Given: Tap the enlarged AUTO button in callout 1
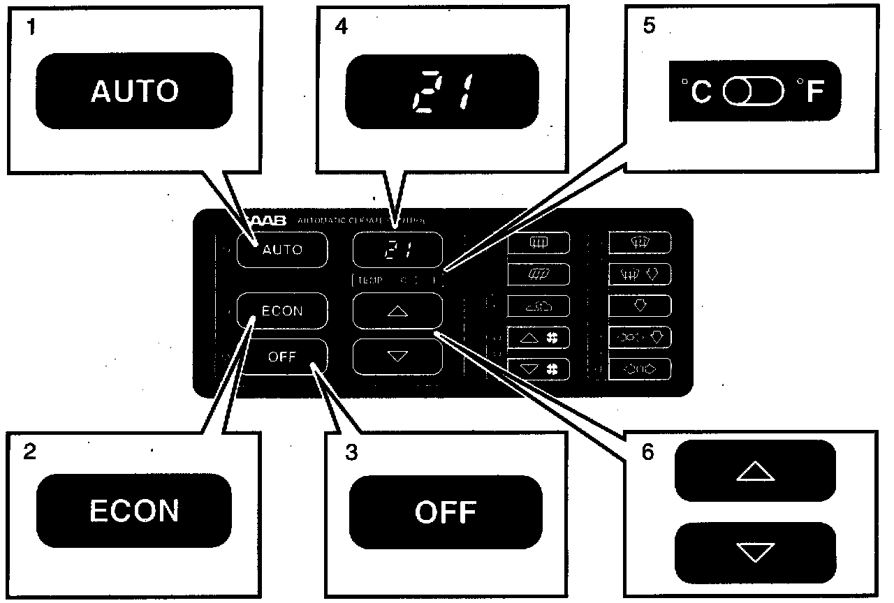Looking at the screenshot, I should point(134,91).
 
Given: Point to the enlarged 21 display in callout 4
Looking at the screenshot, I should point(442,92).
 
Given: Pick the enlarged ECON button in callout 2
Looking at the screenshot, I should point(134,511).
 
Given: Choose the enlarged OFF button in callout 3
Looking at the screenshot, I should point(446,512).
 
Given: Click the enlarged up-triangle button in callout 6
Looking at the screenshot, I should point(755,471).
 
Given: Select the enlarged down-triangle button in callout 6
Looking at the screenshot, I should point(755,553).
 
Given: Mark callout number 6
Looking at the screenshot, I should point(647,452).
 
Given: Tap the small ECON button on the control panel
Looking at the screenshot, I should point(282,311).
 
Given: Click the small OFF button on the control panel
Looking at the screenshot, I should point(282,357).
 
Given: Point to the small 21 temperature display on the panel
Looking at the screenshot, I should point(398,251).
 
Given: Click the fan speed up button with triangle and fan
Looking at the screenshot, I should point(538,338).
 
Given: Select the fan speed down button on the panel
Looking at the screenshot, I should point(538,368).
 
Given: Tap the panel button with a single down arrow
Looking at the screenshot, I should point(640,306).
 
